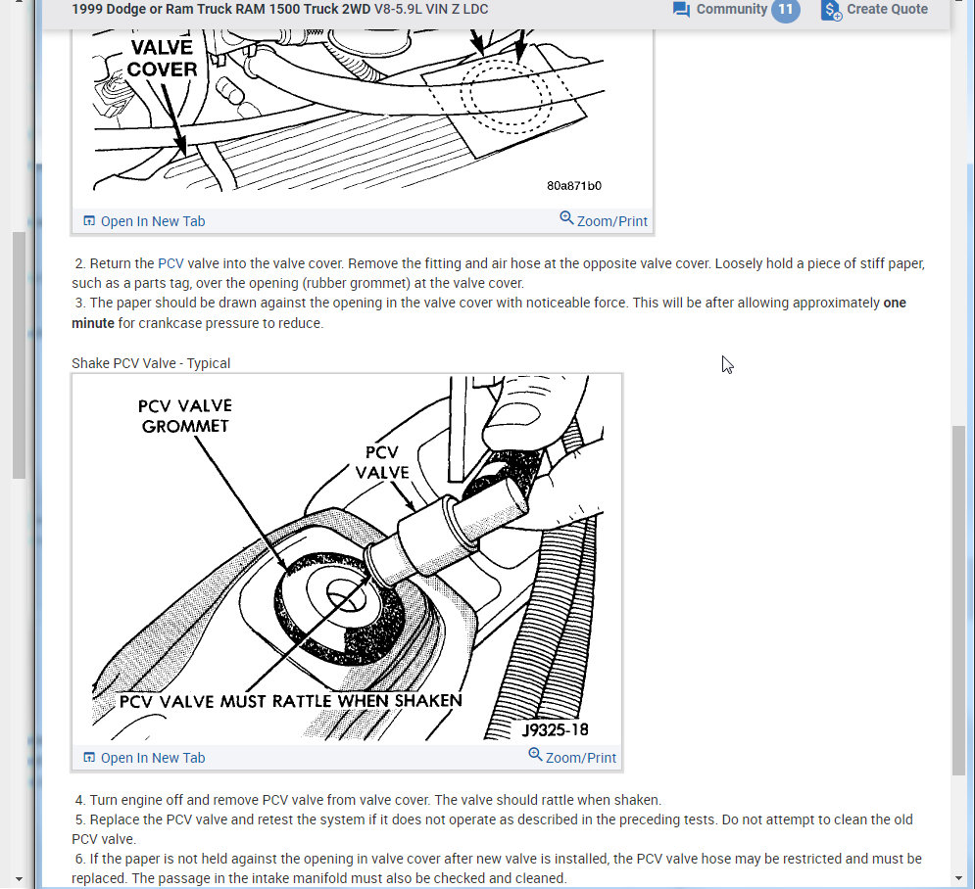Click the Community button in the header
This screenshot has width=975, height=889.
click(x=720, y=10)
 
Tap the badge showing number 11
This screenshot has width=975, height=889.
click(x=785, y=10)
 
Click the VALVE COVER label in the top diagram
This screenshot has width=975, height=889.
click(x=162, y=58)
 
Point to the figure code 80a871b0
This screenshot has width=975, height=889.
click(x=574, y=186)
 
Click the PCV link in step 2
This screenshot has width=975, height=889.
click(x=171, y=263)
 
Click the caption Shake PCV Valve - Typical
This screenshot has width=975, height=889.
click(x=151, y=363)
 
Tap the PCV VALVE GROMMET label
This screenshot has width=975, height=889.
click(x=184, y=416)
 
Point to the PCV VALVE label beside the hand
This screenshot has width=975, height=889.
click(x=381, y=462)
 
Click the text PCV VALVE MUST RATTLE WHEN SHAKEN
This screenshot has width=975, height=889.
click(x=290, y=701)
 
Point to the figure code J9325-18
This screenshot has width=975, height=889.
click(x=555, y=729)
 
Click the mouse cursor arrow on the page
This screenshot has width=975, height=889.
click(x=727, y=364)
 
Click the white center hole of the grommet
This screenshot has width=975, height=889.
click(x=342, y=593)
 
